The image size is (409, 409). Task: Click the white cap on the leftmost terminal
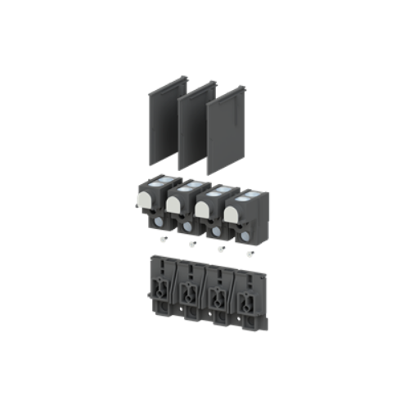click(148, 196)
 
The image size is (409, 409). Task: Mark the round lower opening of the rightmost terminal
click(245, 236)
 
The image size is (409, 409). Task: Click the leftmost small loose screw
click(164, 239)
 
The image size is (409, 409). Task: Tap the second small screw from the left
click(191, 244)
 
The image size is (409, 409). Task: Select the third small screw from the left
click(219, 249)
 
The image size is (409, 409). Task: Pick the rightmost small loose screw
click(248, 254)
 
